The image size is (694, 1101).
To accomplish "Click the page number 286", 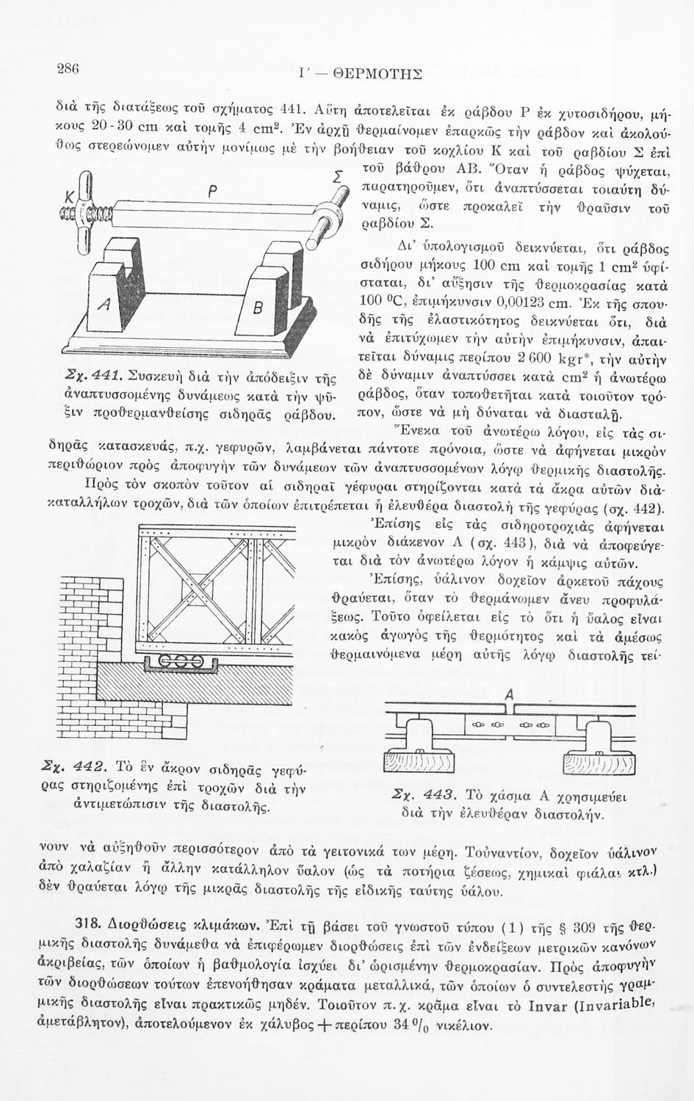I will point(68,68).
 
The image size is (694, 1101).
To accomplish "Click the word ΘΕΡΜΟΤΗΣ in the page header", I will point(377,73).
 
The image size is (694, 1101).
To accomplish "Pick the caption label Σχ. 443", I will point(424,797).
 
